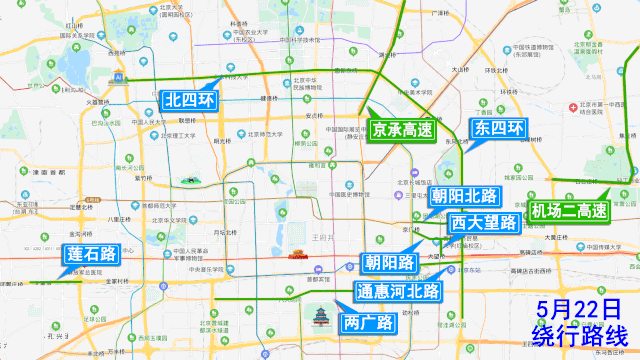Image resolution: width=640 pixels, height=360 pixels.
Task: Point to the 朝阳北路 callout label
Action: tap(465, 195)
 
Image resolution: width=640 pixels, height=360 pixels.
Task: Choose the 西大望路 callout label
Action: tap(483, 222)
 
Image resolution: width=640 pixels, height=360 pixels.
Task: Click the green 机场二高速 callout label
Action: tap(569, 211)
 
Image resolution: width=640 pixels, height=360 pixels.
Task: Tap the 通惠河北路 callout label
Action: tap(398, 292)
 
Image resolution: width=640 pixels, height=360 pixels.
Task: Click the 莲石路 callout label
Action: tap(89, 256)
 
